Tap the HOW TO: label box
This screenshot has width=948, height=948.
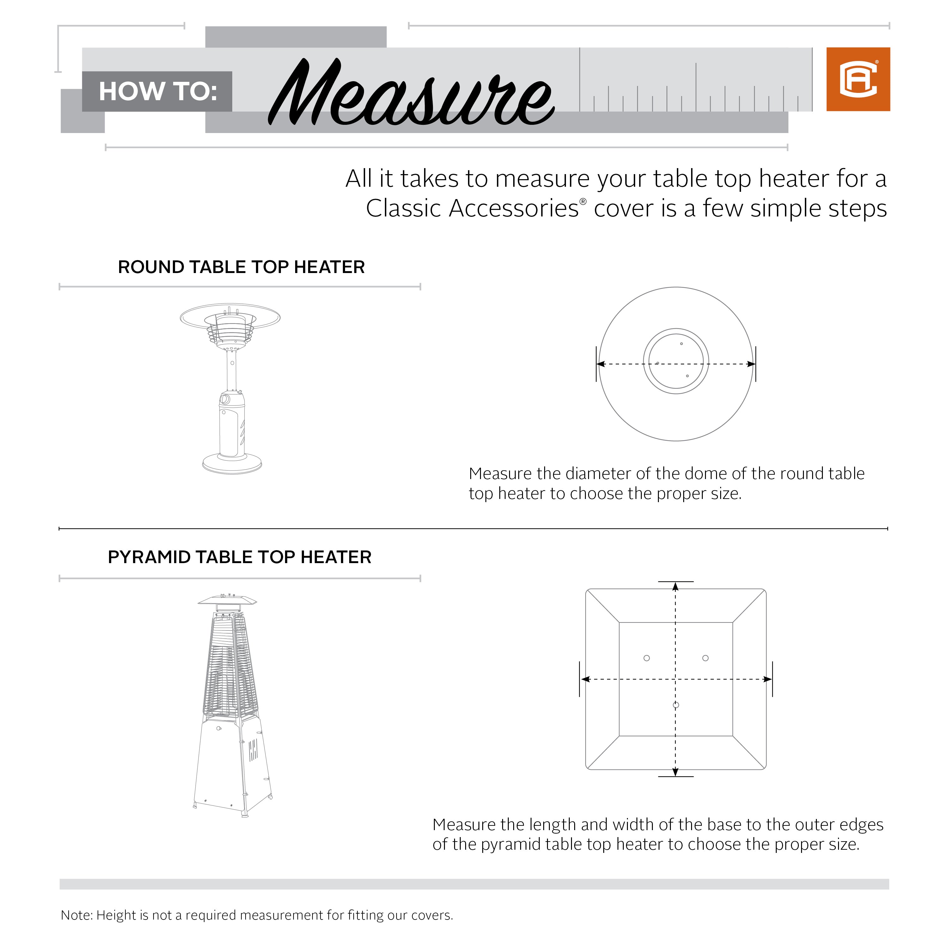(157, 92)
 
